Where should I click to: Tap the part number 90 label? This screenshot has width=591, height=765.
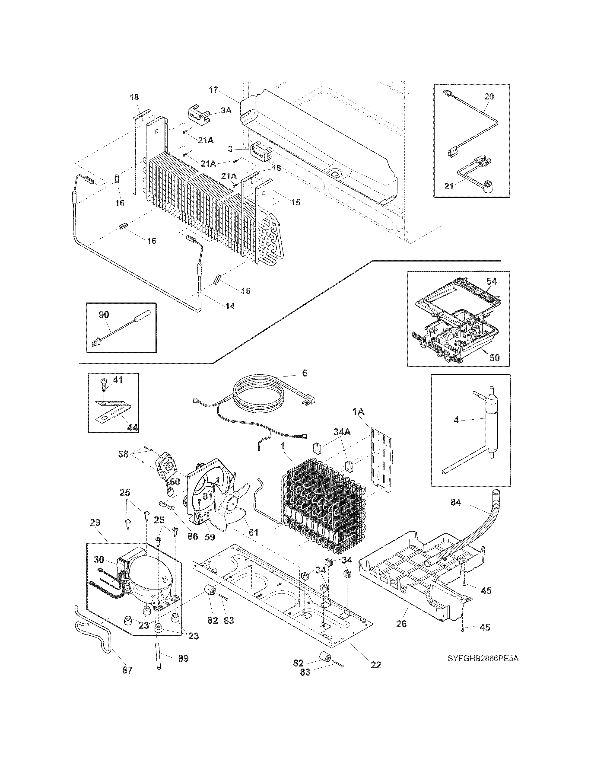(104, 315)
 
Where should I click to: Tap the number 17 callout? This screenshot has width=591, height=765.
(214, 90)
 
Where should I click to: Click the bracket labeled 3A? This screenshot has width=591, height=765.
(198, 115)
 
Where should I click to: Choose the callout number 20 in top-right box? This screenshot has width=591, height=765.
(489, 96)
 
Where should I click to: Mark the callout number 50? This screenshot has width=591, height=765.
(494, 358)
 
